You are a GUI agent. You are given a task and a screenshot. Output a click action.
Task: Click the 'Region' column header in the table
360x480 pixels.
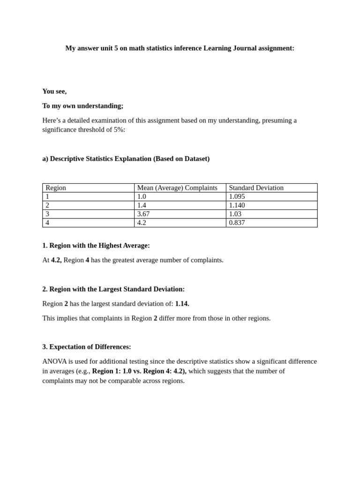pos(56,188)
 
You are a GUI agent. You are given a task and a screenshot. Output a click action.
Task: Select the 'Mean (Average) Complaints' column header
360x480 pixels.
pos(177,188)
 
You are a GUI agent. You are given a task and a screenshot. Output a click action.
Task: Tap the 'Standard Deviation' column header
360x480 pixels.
pos(256,188)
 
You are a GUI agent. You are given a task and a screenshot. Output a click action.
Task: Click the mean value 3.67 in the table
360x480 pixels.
pos(143,214)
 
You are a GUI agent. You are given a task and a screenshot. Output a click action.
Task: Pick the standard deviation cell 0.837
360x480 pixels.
pos(237,223)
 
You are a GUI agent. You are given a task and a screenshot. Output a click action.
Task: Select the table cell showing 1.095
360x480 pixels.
pos(237,197)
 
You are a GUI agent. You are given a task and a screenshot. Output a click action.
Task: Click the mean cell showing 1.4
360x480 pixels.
pos(142,205)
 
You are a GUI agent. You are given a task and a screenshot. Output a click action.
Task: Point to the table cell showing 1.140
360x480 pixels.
pos(237,205)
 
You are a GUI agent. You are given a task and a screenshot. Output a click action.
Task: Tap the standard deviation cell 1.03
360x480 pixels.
pos(235,214)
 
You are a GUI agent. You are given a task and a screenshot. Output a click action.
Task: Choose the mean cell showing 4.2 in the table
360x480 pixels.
pos(142,223)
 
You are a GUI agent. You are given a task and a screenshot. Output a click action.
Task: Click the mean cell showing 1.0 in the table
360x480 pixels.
pos(142,197)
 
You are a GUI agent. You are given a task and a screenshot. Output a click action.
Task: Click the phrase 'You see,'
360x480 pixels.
pos(54,91)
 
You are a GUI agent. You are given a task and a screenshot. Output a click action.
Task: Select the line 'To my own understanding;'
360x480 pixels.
pos(82,106)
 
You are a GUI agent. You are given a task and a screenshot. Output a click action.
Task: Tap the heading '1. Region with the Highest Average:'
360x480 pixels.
pos(96,246)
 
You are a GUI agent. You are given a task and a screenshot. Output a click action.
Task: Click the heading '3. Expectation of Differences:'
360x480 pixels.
pos(87,347)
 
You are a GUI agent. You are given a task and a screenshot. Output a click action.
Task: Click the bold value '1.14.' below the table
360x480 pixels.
pos(182,304)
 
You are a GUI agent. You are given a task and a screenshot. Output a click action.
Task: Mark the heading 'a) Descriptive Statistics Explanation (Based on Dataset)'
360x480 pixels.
pos(126,159)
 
